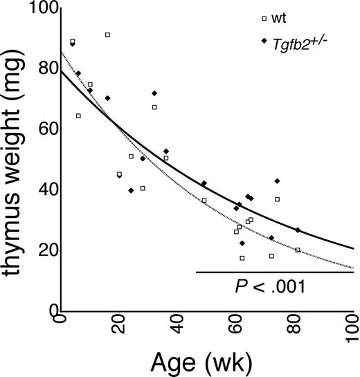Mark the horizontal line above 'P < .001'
[x=275, y=272]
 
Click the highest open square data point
[x=107, y=35]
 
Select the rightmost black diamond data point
[x=298, y=230]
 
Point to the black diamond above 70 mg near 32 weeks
[x=154, y=93]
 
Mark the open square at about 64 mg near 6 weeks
[x=78, y=116]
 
